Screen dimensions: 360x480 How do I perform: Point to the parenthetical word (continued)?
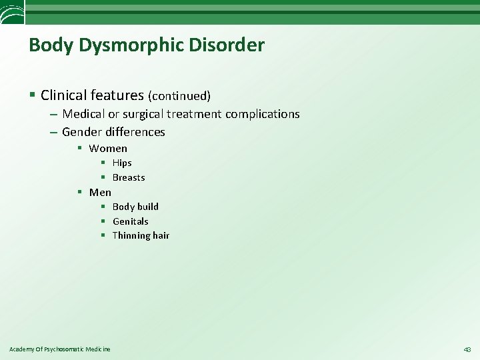click(179, 96)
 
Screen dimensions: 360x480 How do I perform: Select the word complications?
click(262, 114)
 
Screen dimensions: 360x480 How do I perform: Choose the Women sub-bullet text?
click(108, 148)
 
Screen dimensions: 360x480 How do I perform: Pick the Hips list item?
click(122, 163)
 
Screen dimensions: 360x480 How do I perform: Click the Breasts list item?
click(129, 177)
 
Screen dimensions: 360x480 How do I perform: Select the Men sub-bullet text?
click(100, 192)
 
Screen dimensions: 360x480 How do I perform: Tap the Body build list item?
click(135, 207)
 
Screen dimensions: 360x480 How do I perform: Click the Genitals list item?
click(131, 221)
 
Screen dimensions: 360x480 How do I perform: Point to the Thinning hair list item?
click(141, 235)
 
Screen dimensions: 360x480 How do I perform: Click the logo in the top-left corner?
click(12, 11)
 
